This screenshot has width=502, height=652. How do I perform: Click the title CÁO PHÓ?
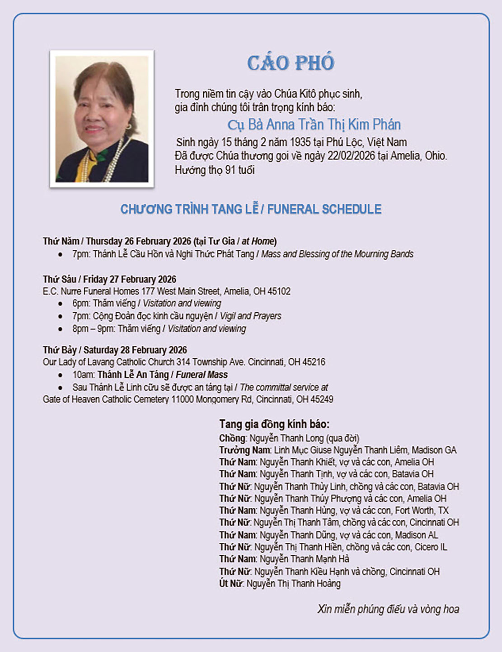coord(291,62)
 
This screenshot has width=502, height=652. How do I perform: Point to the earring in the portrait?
coord(129,126)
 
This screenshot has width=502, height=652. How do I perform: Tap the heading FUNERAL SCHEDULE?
coord(324,209)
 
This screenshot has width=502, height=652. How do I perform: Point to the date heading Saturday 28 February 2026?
coord(135,350)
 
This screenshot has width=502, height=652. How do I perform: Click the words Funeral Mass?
coord(202,375)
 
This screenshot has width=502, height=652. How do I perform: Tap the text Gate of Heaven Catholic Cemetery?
coord(106,399)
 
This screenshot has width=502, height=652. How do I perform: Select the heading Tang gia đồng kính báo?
coord(274,424)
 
